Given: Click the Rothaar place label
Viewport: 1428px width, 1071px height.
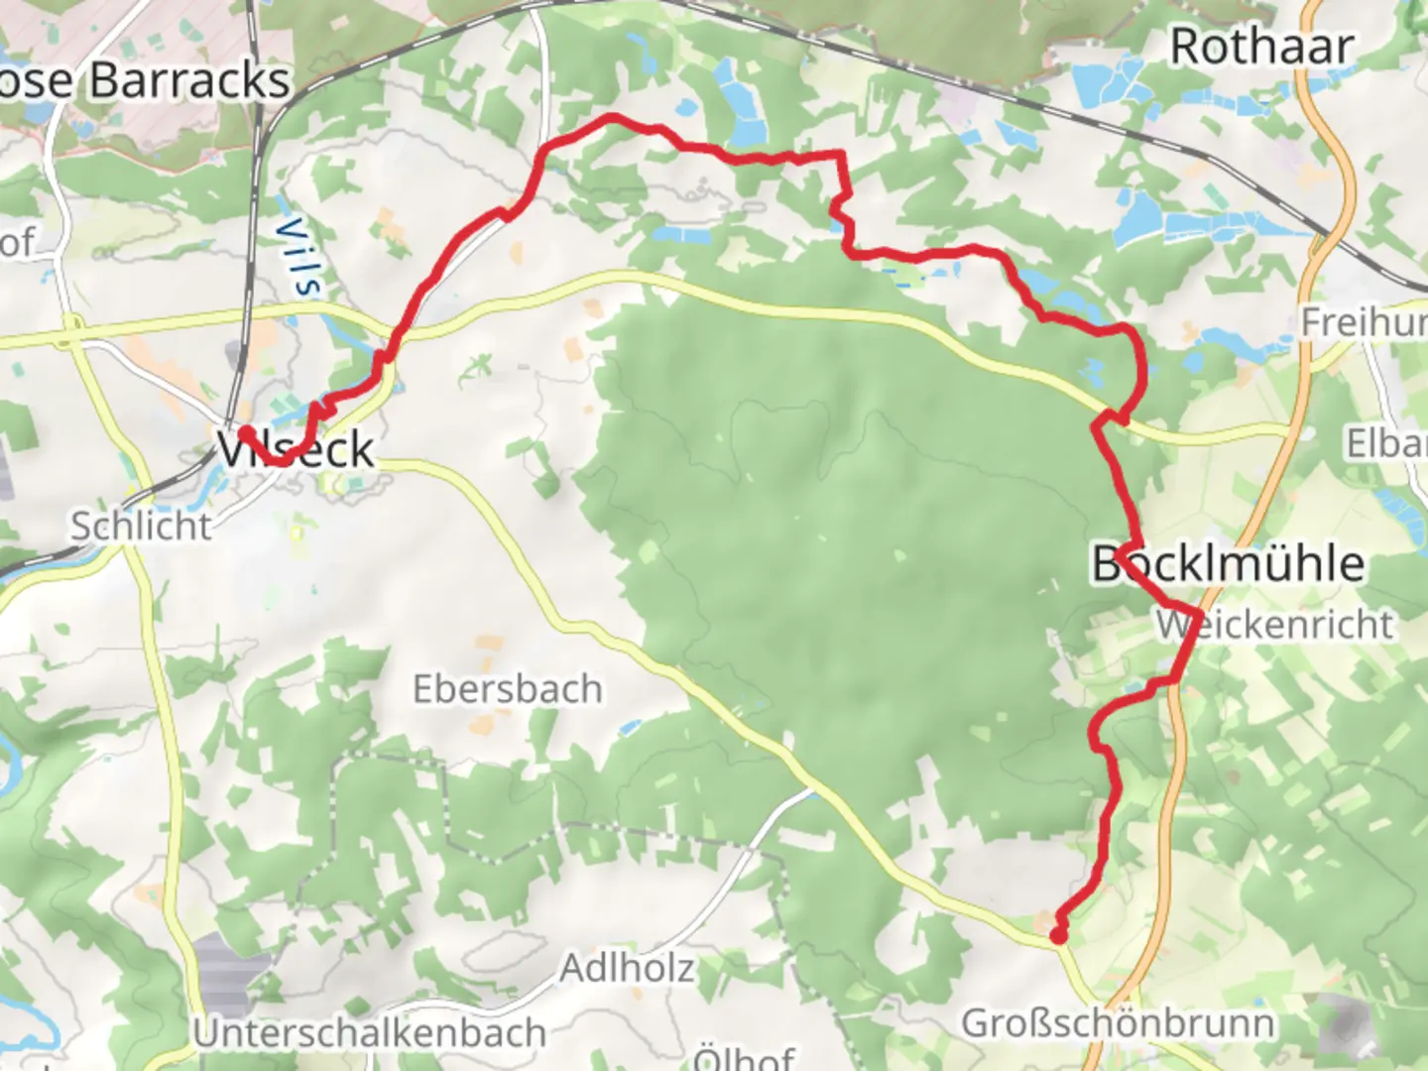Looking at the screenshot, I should pyautogui.click(x=1261, y=47).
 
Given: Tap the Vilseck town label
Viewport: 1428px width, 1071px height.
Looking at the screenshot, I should pyautogui.click(x=296, y=449).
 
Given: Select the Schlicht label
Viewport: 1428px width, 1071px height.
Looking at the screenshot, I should pyautogui.click(x=141, y=526).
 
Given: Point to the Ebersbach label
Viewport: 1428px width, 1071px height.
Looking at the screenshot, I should pyautogui.click(x=507, y=688).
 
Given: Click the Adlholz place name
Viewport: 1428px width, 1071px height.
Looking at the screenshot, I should pyautogui.click(x=627, y=967).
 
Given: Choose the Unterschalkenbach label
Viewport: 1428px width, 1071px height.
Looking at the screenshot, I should pyautogui.click(x=370, y=1033).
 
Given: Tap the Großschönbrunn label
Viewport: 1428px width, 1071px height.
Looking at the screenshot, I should pyautogui.click(x=1118, y=1022).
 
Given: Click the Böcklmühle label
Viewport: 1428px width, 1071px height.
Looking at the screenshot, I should pyautogui.click(x=1228, y=563).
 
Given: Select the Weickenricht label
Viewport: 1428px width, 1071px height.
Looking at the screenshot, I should pyautogui.click(x=1275, y=624).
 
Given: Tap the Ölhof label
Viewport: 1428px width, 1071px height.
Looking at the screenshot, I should pyautogui.click(x=744, y=1057).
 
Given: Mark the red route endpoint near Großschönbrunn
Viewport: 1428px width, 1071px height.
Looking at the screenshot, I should pyautogui.click(x=1058, y=935).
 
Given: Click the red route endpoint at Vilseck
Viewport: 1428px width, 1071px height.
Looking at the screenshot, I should pyautogui.click(x=244, y=432).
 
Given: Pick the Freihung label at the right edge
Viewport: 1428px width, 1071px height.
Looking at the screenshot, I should pyautogui.click(x=1365, y=322).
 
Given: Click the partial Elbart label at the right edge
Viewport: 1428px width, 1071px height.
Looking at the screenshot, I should pyautogui.click(x=1386, y=443).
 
